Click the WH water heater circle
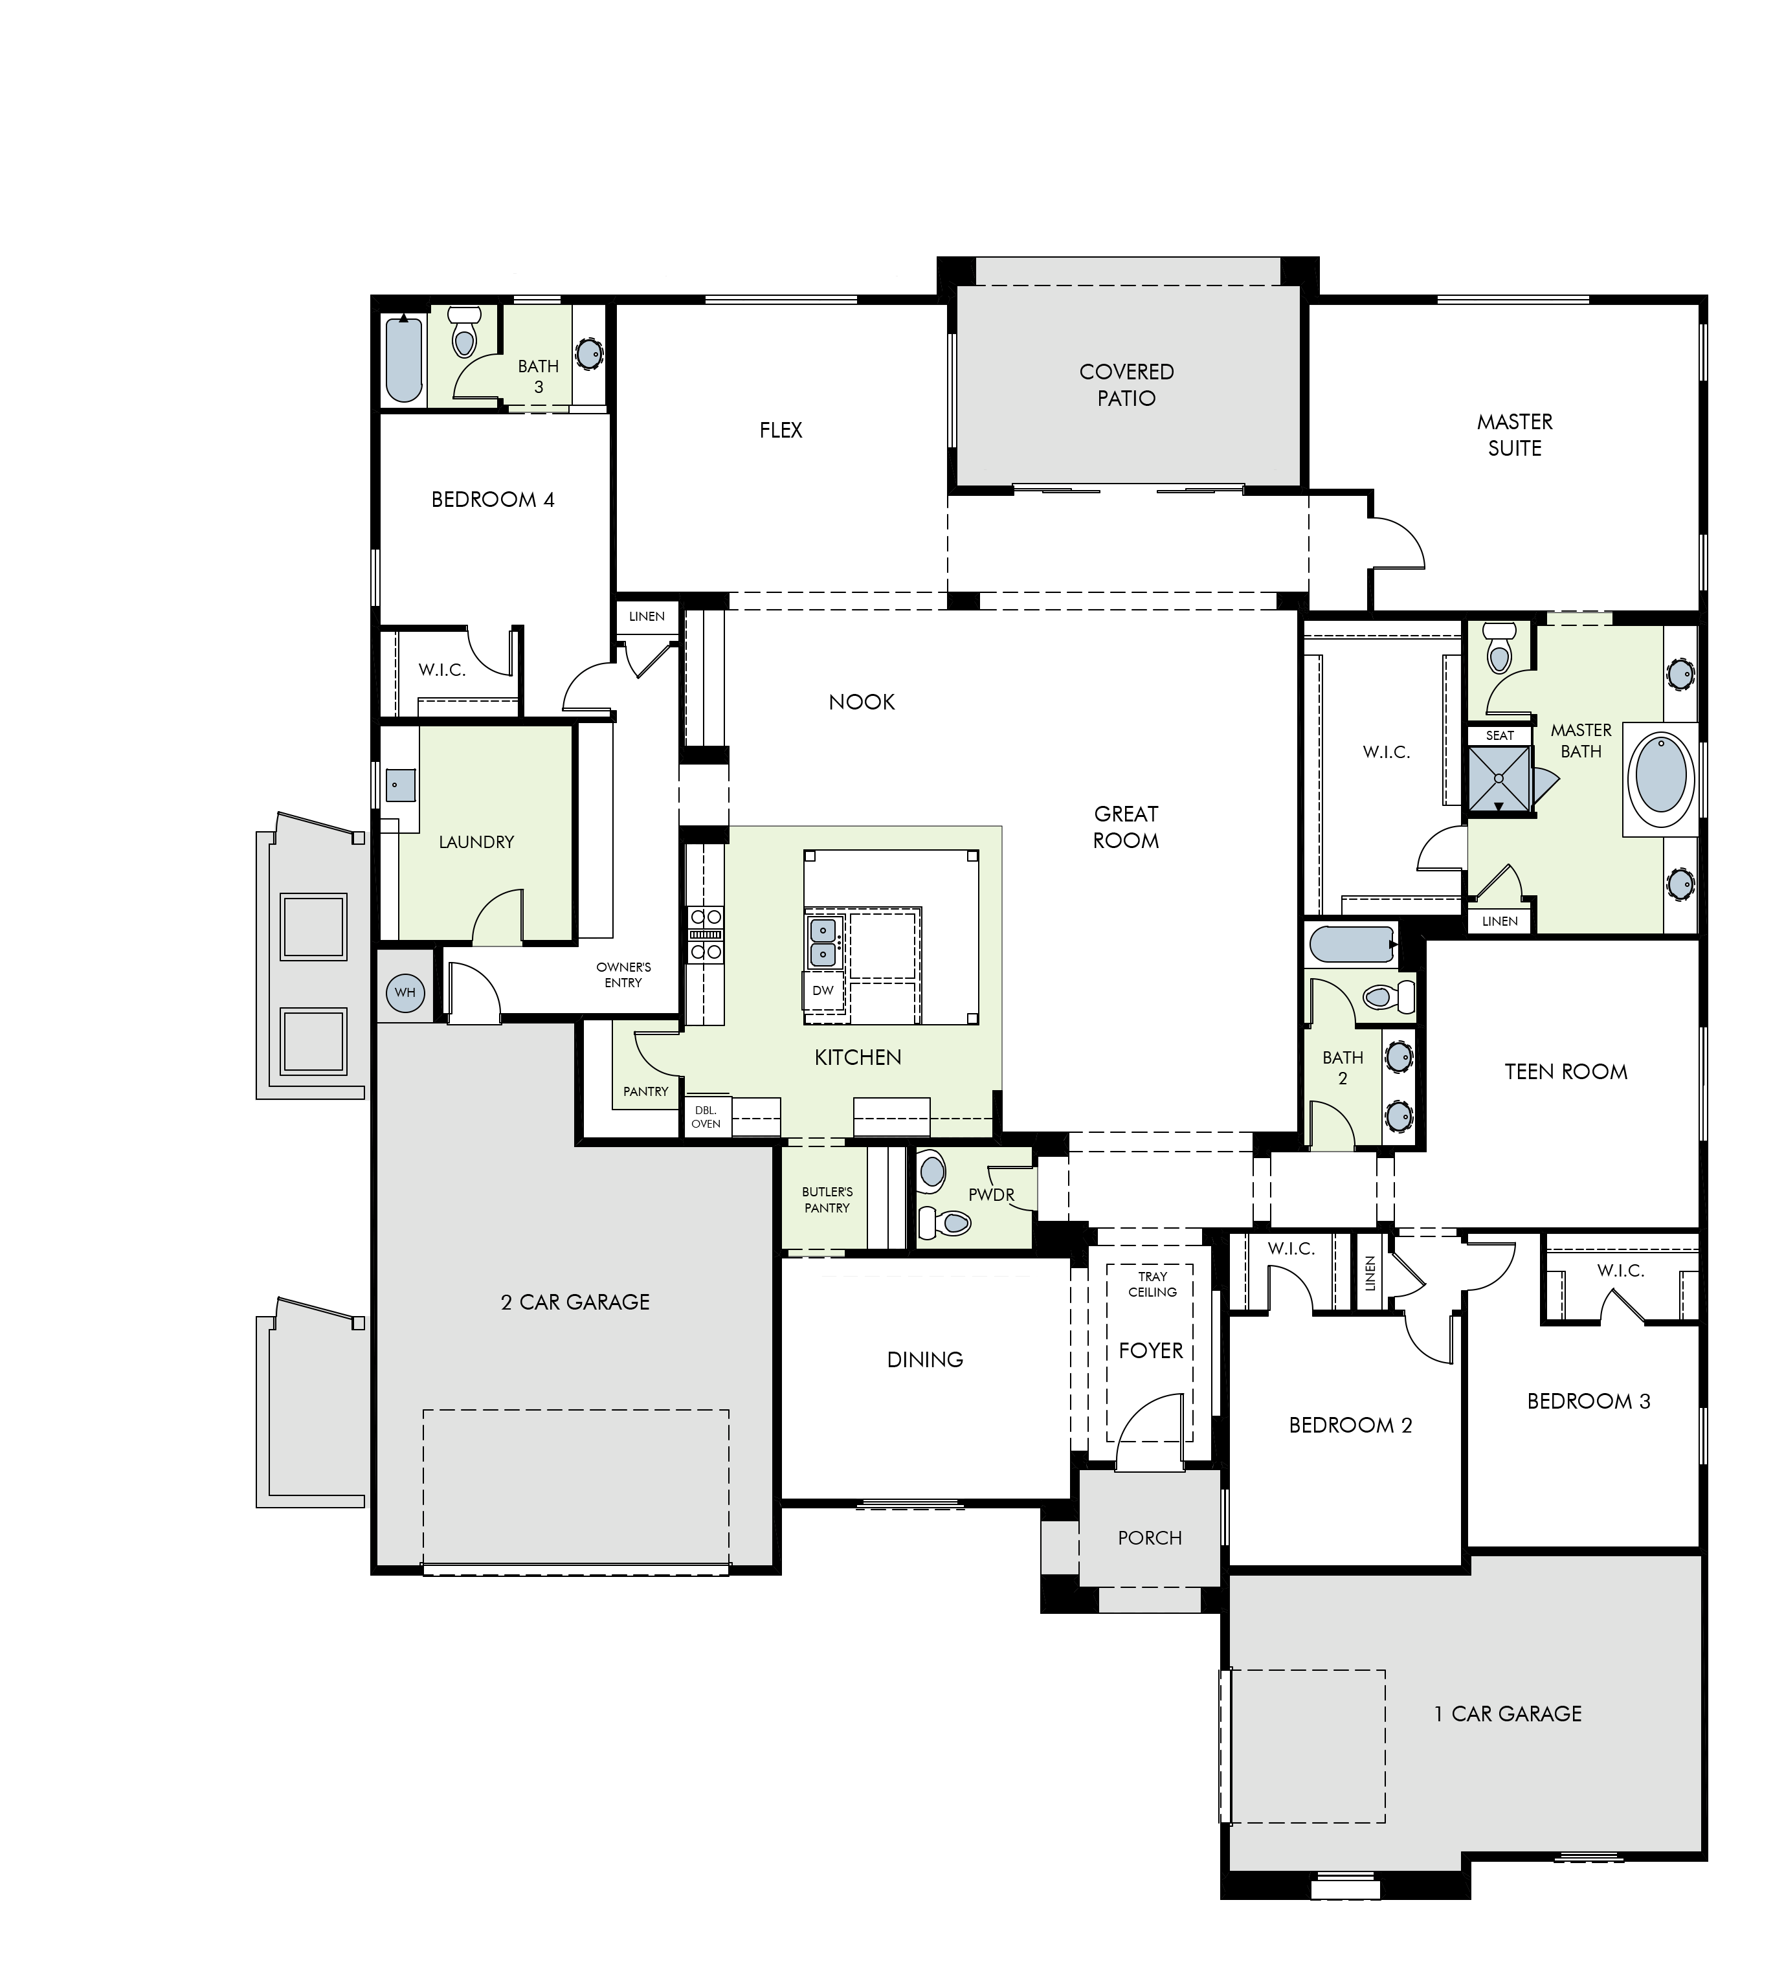coord(405,993)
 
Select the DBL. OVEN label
coord(706,1117)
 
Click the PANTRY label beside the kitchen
coord(646,1091)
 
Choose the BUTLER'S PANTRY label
coord(827,1200)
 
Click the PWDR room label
coord(992,1194)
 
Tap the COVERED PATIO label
coord(1127,385)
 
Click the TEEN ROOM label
coord(1567,1071)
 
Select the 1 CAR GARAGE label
coord(1508,1714)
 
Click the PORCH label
coord(1150,1537)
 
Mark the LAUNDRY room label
coord(476,842)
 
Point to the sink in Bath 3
coord(589,353)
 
